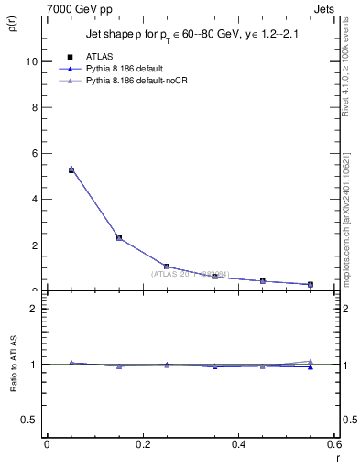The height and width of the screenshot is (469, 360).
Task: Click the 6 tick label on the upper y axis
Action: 34,153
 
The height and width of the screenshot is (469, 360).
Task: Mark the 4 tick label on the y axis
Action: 34,199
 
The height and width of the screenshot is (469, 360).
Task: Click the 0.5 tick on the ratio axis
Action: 28,420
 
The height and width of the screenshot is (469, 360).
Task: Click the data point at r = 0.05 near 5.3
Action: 71,169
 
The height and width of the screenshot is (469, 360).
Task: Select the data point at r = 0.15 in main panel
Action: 119,237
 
